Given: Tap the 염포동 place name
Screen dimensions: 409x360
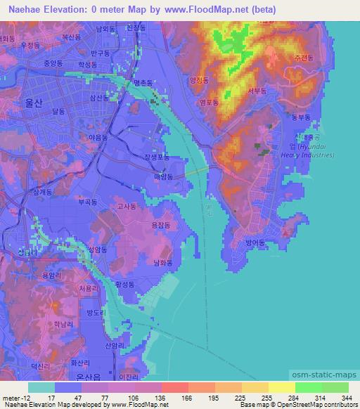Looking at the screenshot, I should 210,102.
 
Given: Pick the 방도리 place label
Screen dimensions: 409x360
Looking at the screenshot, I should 94,311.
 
